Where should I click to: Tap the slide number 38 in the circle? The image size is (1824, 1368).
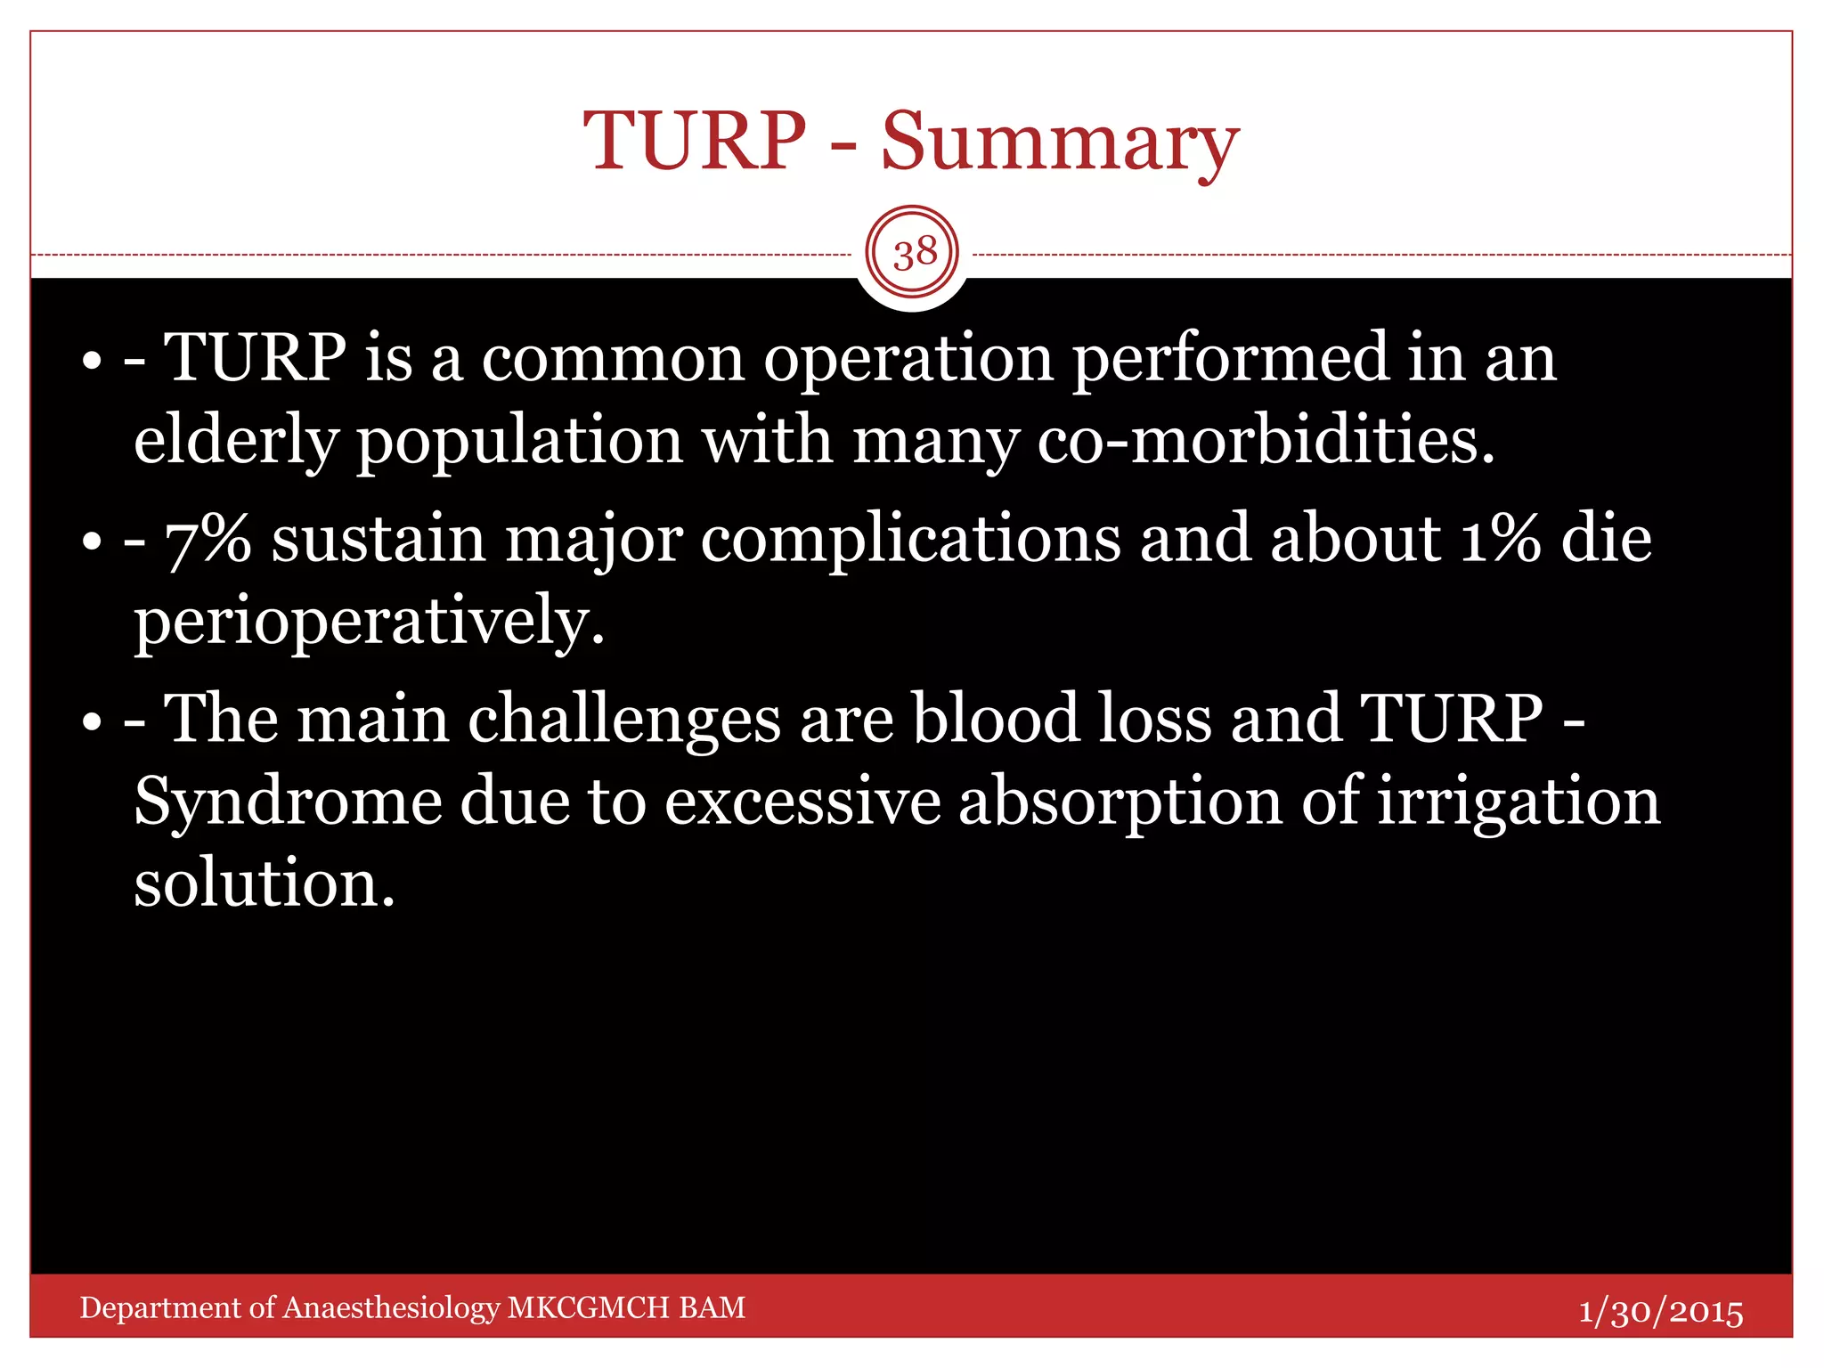[x=914, y=254]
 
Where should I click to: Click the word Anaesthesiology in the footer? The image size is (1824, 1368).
[x=392, y=1308]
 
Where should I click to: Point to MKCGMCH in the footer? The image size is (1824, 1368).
[x=588, y=1307]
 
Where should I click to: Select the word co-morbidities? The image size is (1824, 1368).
[x=1265, y=441]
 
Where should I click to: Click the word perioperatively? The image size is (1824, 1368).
[x=369, y=622]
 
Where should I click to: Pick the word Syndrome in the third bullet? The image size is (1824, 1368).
[x=287, y=802]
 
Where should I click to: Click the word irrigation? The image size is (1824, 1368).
[x=1519, y=802]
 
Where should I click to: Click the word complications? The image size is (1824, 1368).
[x=910, y=540]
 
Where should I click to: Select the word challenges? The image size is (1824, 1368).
[x=623, y=720]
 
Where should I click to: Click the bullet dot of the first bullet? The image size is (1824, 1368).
[x=92, y=363]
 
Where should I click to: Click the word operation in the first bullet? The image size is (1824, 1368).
[x=908, y=359]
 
